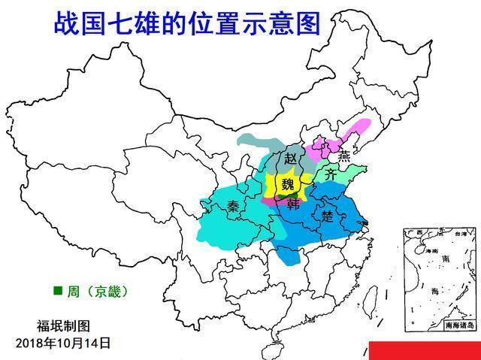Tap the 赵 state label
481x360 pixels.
[290, 159]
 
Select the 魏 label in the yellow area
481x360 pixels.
[288, 184]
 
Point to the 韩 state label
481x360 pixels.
[292, 203]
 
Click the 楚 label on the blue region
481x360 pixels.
[327, 216]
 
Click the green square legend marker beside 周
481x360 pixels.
[57, 289]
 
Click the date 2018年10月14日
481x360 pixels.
[63, 343]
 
